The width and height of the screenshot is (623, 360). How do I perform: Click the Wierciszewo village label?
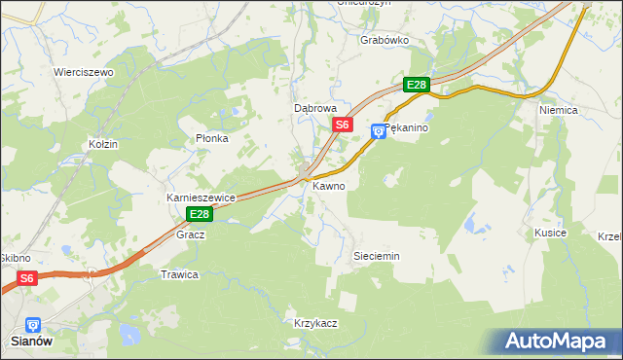click(x=84, y=72)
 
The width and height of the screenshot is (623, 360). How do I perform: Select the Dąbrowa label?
click(x=315, y=109)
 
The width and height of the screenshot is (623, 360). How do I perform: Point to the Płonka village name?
click(x=211, y=138)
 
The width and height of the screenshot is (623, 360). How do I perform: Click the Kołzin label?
click(x=102, y=144)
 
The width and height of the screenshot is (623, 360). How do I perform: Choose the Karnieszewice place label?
click(x=202, y=198)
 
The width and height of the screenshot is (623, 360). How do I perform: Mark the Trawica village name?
click(x=179, y=274)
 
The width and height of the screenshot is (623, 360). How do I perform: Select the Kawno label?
click(x=328, y=185)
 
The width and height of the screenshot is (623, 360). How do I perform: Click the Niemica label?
click(x=559, y=110)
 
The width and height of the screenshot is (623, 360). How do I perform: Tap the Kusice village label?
click(x=550, y=234)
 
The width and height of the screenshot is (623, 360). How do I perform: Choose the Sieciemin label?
click(x=375, y=256)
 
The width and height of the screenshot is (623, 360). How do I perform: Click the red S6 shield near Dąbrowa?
click(x=342, y=125)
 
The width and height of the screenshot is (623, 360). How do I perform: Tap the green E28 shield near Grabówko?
click(x=417, y=85)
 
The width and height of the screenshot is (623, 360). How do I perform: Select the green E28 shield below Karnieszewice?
click(x=200, y=214)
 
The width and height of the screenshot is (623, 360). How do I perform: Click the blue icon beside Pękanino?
click(x=379, y=131)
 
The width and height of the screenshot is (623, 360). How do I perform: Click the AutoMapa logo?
click(x=559, y=342)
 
